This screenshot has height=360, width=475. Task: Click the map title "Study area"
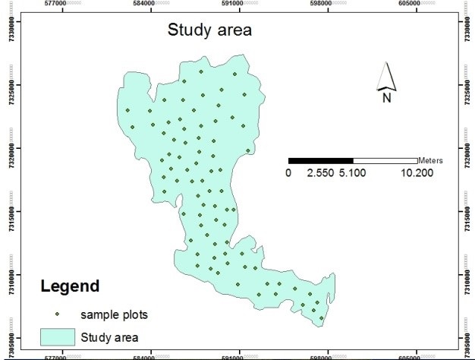tap(209, 31)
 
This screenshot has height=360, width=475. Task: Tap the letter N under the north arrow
tap(386, 96)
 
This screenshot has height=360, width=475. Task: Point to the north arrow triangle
tap(386, 77)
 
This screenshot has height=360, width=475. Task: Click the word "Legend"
tap(70, 287)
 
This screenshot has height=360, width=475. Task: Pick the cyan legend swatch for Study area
tap(58, 336)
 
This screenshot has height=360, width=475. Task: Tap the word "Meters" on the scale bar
tap(429, 160)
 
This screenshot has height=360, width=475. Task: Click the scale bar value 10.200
tap(417, 172)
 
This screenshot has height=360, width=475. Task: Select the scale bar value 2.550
tap(320, 172)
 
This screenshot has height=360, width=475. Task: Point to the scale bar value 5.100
tap(353, 172)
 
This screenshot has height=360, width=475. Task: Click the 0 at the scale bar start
tap(288, 172)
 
